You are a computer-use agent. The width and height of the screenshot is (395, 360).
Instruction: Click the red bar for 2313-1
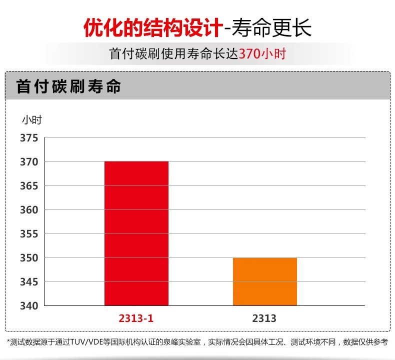click(x=136, y=233)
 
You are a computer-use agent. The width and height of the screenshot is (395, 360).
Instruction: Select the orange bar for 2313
click(x=265, y=281)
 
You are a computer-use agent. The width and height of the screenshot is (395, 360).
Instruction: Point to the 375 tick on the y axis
click(x=29, y=138)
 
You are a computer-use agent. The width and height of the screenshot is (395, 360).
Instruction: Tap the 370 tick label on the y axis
click(x=29, y=162)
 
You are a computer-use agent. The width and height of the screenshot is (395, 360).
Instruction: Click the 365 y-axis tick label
click(x=29, y=186)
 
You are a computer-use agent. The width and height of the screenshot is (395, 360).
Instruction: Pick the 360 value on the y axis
click(x=29, y=210)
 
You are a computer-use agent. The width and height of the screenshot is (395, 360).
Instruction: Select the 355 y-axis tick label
click(x=29, y=234)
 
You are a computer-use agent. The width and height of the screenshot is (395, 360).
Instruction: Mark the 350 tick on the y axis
click(x=29, y=258)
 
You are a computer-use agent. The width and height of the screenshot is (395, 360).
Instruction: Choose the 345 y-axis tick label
click(x=29, y=282)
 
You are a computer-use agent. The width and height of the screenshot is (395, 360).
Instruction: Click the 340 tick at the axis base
click(x=29, y=305)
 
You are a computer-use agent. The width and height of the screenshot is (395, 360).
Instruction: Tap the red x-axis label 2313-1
click(x=136, y=318)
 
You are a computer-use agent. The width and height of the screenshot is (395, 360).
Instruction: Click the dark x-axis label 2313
click(x=265, y=318)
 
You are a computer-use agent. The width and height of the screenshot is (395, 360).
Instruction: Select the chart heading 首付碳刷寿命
click(x=68, y=86)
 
